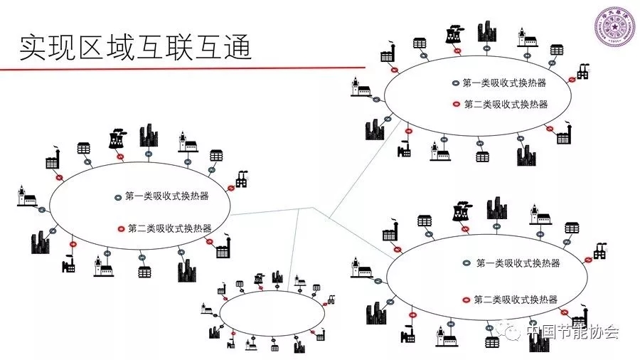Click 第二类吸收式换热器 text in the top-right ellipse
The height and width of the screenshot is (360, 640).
(506, 104)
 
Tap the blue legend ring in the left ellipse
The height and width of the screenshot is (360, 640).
(118, 196)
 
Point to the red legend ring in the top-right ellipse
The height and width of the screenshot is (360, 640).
(457, 104)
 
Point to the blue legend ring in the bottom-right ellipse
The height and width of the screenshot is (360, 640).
(466, 263)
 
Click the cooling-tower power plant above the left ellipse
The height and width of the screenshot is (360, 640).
(117, 139)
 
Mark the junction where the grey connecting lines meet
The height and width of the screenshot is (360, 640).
(312, 208)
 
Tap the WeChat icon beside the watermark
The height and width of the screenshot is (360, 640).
(513, 332)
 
